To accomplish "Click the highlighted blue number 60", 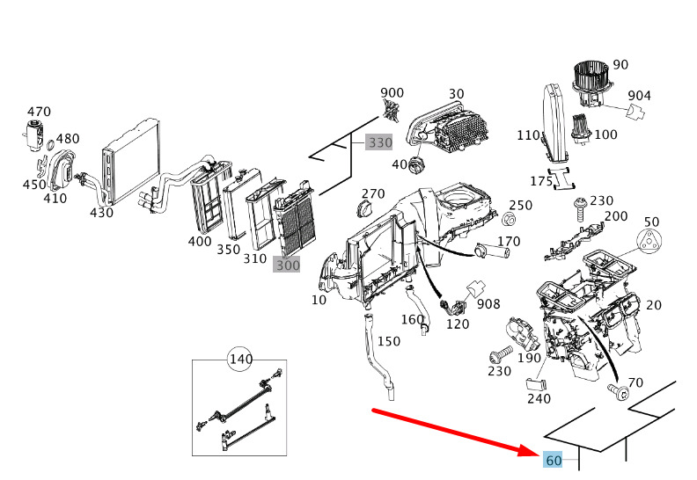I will tap(554, 461).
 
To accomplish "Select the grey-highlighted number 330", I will tap(379, 142).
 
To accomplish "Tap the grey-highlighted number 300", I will tap(286, 264).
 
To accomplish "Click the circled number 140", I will tap(240, 359).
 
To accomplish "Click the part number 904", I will tap(639, 96).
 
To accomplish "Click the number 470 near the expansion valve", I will tap(40, 112).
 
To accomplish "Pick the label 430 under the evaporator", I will tap(101, 212).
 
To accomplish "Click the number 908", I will tap(488, 304).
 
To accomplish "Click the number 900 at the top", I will tap(392, 93).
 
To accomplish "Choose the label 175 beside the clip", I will tap(540, 181).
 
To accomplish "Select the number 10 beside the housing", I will tap(319, 300).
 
